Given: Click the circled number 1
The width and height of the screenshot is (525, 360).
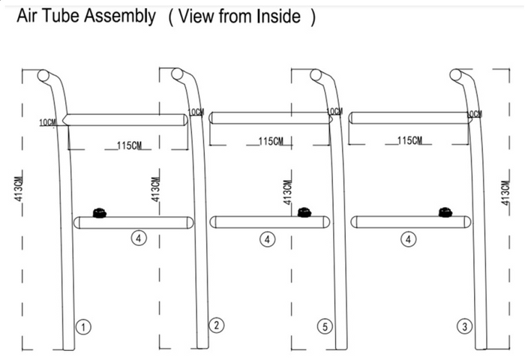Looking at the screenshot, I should coord(85,326).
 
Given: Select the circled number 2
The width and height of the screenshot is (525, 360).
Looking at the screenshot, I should coord(216,325).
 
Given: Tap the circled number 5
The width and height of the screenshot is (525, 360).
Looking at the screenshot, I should coord(324,326).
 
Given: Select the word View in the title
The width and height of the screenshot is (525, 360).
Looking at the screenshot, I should coord(196,16).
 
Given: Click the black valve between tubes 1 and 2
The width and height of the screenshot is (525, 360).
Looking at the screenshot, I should coord(98,213).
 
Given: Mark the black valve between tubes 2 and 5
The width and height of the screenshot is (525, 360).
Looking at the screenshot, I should coord(304,212).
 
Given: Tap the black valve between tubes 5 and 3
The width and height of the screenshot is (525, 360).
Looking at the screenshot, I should coord(445,212).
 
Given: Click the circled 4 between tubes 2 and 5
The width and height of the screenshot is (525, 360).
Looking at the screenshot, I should coord(268,239).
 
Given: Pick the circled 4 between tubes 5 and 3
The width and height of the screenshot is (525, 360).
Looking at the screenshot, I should coord(408,239).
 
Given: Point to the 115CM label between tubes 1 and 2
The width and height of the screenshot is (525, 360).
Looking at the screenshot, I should coord(129,145).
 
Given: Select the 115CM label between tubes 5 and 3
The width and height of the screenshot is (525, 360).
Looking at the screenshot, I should coord(409,140).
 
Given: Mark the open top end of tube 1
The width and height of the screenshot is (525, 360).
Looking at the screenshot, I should coord(43,75).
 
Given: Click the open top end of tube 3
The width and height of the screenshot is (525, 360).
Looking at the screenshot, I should coord(454,75).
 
